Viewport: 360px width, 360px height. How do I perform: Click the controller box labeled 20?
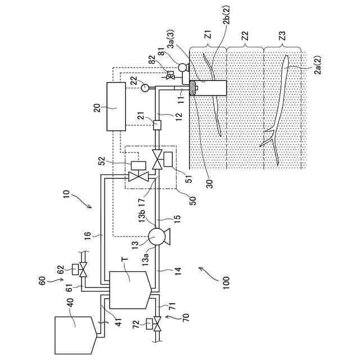(115, 106)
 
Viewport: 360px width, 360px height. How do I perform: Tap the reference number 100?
(224, 279)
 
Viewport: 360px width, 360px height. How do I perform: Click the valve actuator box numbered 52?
(135, 165)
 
